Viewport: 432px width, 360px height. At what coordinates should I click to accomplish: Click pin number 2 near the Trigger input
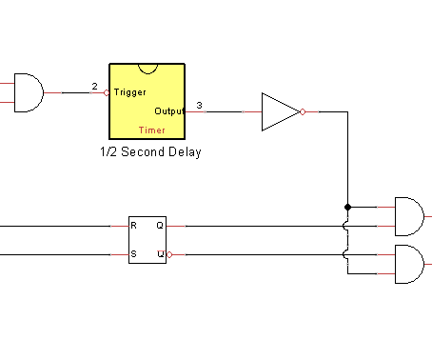(94, 87)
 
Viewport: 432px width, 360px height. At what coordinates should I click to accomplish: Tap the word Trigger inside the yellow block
(129, 92)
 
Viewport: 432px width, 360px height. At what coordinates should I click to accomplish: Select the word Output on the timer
(168, 111)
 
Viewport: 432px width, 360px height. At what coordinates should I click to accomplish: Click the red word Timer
(151, 130)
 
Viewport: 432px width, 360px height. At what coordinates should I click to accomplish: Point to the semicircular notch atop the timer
(147, 68)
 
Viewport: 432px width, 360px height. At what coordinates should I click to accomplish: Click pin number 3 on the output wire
(199, 105)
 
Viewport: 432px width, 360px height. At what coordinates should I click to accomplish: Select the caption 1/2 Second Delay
(150, 151)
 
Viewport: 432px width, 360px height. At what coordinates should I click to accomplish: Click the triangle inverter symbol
(279, 111)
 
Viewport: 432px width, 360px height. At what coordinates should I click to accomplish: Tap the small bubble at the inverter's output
(303, 111)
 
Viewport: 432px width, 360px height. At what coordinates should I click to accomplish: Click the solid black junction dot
(347, 206)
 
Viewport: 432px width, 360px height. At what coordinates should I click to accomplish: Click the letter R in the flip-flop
(134, 226)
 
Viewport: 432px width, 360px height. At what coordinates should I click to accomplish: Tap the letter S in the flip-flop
(134, 254)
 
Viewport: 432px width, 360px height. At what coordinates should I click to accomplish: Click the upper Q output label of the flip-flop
(160, 226)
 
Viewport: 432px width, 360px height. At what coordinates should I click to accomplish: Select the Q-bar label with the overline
(160, 254)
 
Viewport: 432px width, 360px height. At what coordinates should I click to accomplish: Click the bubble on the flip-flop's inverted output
(169, 254)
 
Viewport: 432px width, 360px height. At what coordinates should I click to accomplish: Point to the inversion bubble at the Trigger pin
(107, 92)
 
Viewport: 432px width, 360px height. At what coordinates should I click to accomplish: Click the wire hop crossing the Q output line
(347, 227)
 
